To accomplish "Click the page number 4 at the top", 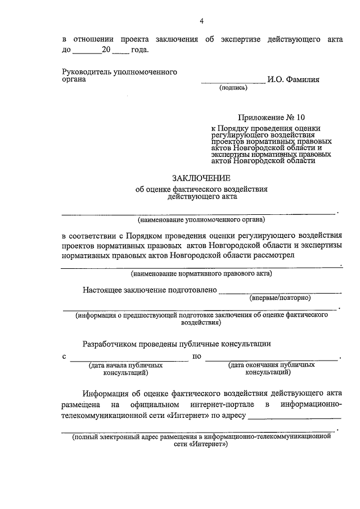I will (x=201, y=21).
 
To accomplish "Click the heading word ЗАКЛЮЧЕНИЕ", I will (x=201, y=178).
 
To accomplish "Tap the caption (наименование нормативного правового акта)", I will (x=201, y=274).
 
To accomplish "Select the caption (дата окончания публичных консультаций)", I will (x=271, y=368).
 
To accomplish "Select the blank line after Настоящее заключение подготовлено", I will (x=280, y=292).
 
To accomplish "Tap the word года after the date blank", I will (x=139, y=50).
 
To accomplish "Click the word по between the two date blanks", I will (x=197, y=356).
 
